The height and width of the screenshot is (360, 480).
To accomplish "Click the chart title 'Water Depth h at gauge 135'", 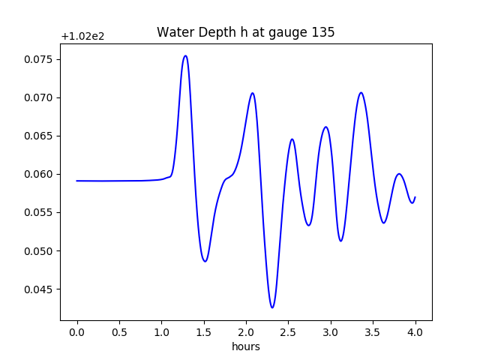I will point(245,32).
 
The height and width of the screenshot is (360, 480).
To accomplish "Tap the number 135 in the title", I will point(324,32).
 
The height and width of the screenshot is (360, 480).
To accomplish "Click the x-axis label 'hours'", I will point(245,347).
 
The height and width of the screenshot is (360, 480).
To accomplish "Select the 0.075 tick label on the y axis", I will point(40,59).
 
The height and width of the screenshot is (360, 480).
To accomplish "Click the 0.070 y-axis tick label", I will point(40,97).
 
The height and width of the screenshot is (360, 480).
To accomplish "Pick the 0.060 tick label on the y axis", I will point(40,174).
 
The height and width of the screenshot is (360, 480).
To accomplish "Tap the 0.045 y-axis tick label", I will point(40,289).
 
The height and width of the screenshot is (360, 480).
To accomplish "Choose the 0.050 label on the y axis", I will point(40,251).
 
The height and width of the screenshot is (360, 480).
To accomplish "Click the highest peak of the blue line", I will point(185,55).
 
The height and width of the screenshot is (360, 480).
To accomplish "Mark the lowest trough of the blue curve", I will point(272,307).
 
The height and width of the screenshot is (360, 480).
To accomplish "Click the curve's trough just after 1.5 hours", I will point(205,261).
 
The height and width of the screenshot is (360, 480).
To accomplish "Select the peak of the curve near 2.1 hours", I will point(253,93).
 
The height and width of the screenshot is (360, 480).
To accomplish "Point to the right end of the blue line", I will point(415,197).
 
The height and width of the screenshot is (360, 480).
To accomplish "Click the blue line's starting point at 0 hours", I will point(77,181).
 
